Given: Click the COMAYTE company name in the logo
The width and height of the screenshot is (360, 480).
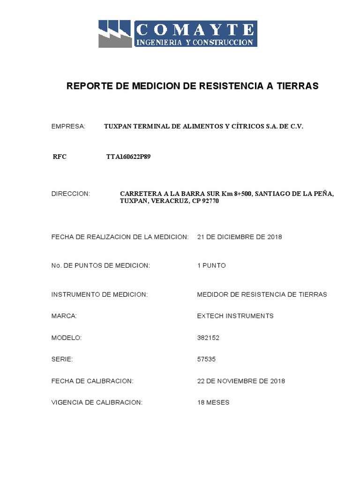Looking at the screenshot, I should click(195, 30).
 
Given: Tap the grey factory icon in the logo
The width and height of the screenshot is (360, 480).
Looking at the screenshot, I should click(115, 34).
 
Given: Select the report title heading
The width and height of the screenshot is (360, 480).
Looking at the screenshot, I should click(193, 86).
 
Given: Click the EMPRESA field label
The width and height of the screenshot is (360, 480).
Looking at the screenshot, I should click(68, 127).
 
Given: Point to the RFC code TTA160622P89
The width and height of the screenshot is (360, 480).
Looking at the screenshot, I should click(128, 157).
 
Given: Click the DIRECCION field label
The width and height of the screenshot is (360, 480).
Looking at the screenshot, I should click(70, 194).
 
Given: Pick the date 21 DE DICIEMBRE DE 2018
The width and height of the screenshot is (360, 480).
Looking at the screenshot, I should click(240, 237).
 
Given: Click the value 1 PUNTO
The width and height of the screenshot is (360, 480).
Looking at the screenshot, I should click(211, 265).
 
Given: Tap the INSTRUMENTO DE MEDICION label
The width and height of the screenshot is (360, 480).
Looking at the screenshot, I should click(99, 294).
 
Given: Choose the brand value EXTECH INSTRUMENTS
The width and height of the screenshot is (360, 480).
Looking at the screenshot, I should click(235, 316).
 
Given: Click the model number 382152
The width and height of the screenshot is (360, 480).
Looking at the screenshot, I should click(209, 337).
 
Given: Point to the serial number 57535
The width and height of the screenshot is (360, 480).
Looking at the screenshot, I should click(207, 359).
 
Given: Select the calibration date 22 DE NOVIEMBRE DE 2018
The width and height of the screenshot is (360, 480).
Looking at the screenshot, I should click(241, 381).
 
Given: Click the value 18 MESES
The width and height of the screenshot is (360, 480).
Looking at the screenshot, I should click(213, 402).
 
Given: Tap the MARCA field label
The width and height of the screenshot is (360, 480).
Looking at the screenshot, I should click(64, 316).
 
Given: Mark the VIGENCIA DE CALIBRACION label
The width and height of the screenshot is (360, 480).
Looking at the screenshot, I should click(97, 402).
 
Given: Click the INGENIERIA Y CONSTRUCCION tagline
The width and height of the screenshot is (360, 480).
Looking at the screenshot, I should click(195, 42).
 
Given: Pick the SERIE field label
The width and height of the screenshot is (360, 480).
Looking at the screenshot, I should click(62, 359).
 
